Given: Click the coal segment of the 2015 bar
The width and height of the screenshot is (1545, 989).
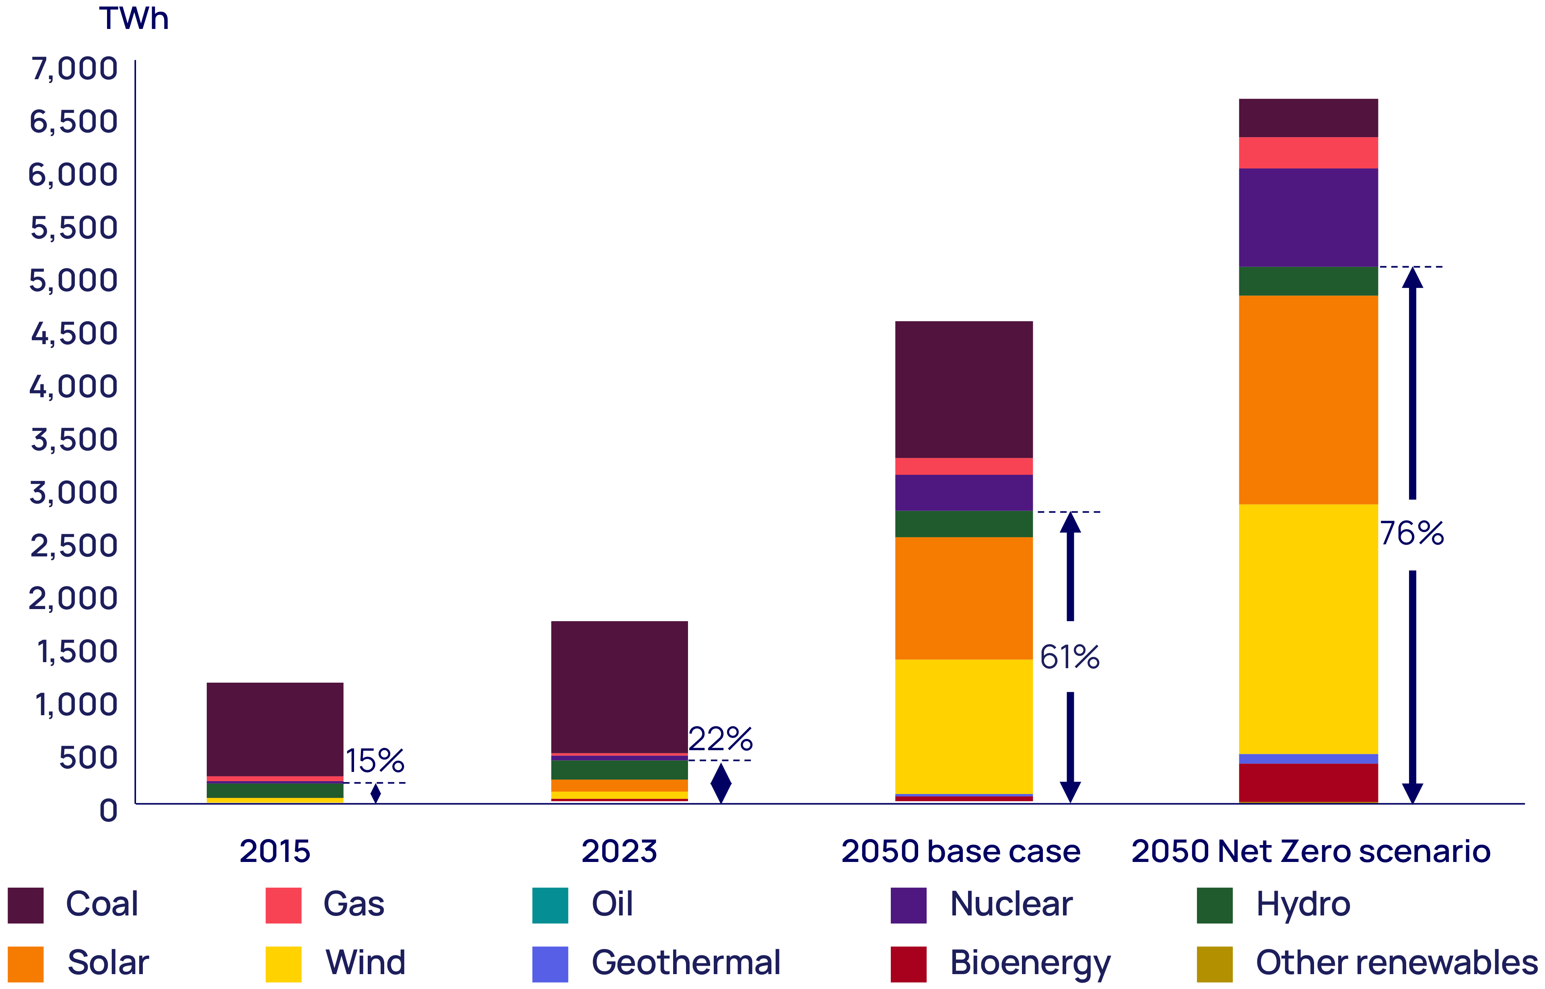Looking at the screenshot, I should pos(275,729).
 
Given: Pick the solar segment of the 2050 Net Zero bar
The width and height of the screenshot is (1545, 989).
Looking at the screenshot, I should pos(1308,400).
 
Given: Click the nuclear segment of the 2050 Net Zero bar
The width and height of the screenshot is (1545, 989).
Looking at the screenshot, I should pos(1308,217).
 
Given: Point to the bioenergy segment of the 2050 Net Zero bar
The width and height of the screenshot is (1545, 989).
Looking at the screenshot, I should pos(1308,782).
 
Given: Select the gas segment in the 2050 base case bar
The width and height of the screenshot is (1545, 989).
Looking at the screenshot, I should pos(964,466).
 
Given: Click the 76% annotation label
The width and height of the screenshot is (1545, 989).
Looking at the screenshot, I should pos(1411,533).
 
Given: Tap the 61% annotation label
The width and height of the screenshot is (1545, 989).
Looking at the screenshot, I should pos(1069,657).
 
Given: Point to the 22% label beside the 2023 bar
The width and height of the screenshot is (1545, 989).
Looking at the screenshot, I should pos(721,739).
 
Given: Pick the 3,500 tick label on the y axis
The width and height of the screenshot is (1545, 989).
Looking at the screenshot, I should pos(74,440).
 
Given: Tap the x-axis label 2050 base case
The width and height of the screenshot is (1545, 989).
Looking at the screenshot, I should pos(961,852).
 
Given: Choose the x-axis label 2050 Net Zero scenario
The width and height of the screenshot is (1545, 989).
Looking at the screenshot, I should pos(1311,852).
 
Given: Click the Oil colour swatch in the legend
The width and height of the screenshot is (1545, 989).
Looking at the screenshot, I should pos(550,905).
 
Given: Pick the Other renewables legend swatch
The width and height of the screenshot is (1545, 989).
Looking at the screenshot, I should pos(1215,964).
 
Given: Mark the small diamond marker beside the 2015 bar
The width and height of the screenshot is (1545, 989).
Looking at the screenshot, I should pos(376,793).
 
